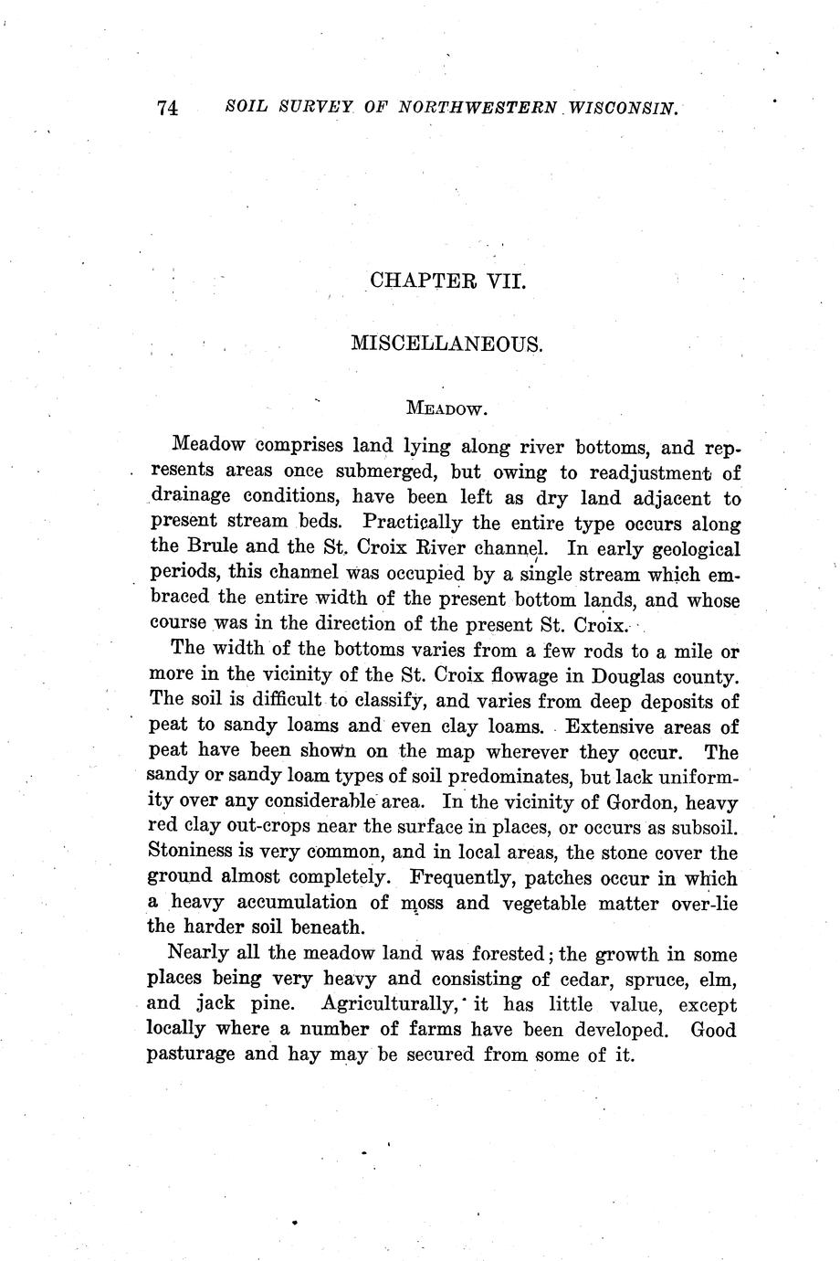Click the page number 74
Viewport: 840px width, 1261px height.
167,108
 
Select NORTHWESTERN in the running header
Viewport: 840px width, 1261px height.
475,108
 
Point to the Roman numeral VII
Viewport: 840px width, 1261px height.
502,280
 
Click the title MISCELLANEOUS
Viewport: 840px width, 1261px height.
447,344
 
